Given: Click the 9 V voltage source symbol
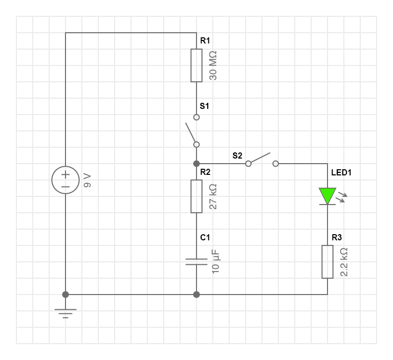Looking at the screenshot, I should coord(65,180).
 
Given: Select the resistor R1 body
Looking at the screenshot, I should coord(196,65).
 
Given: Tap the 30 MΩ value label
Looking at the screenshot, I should coord(214,65).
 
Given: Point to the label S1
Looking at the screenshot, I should coord(204,106).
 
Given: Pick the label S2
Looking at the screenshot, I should coord(237,155).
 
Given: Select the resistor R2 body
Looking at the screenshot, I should coord(196,196).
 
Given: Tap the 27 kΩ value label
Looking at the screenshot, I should coord(214,196).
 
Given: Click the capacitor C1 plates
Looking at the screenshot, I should coord(196,262).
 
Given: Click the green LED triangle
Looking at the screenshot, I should coord(327,195).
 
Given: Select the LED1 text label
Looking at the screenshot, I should coord(341,172).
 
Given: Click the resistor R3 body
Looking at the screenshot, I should coord(327,262).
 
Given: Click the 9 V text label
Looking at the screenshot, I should coord(87,180).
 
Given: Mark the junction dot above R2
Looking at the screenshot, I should coord(196,164).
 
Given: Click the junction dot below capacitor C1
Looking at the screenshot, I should coord(196,295).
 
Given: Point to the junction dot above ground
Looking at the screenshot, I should coord(65,295).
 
